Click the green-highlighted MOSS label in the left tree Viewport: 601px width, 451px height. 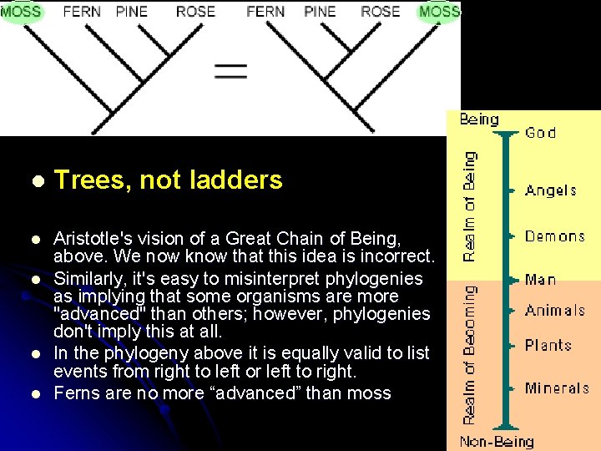[20, 11]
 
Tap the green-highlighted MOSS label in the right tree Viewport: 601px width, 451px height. [439, 11]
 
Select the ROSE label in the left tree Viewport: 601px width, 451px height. [196, 12]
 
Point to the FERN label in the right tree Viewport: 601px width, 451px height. [265, 12]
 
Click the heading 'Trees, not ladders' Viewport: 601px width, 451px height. [169, 180]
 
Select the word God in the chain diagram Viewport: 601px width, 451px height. [540, 132]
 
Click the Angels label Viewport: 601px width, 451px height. [551, 190]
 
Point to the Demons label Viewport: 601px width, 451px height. [555, 236]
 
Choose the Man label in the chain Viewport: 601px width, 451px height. [541, 280]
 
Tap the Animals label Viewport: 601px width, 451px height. [555, 311]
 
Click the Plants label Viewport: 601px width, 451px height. [548, 345]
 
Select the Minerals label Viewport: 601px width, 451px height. [557, 388]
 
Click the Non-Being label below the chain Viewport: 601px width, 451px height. [497, 442]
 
